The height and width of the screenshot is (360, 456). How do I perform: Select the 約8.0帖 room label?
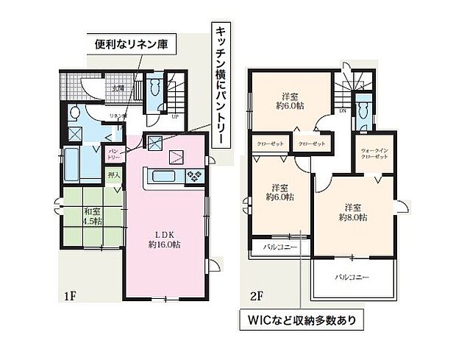(x=352, y=211)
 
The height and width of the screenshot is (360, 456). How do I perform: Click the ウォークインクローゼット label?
(x=374, y=155)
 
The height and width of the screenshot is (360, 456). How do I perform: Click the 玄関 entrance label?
(x=118, y=88)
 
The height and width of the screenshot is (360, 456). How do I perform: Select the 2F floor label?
(x=256, y=297)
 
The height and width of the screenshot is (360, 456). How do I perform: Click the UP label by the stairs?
(x=174, y=116)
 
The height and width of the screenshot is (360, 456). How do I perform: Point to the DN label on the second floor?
(x=343, y=113)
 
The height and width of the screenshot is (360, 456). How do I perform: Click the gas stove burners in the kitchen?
(x=195, y=176)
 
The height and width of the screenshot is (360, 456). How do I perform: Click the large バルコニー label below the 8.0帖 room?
(x=352, y=278)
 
